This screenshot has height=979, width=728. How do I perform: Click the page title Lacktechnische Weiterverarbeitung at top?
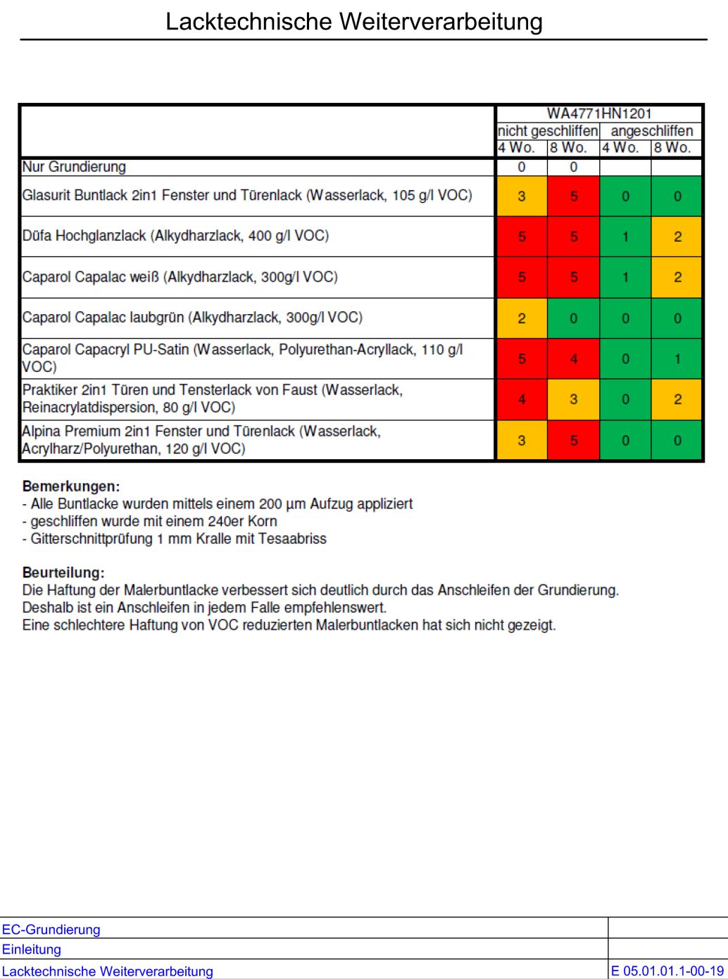[353, 22]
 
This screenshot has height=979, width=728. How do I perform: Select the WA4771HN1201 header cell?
[599, 113]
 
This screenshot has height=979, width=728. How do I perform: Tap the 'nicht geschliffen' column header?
[547, 131]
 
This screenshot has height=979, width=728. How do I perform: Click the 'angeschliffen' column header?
[651, 131]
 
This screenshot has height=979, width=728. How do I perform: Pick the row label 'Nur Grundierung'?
[74, 167]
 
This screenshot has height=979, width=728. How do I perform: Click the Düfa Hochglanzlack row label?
[175, 236]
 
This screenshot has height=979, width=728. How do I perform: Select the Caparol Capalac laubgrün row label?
[192, 318]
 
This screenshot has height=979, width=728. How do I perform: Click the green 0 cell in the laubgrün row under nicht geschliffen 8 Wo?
[573, 318]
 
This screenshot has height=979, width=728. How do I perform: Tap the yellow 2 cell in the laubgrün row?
[522, 318]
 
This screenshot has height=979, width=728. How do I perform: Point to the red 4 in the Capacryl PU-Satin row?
[573, 359]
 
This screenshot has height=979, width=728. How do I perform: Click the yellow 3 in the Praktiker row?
[573, 399]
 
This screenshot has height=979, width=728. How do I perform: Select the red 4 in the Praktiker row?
[522, 399]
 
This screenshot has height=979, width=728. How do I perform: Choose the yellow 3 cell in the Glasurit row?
[522, 197]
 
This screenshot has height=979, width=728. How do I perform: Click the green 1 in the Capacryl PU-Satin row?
[677, 359]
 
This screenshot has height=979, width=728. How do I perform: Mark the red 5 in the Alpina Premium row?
[573, 441]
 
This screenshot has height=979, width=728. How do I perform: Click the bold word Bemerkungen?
[71, 486]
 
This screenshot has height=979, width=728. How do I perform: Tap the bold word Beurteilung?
[63, 573]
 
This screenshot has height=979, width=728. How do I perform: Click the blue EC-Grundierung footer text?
[51, 930]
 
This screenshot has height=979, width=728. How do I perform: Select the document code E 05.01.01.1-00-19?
[667, 971]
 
